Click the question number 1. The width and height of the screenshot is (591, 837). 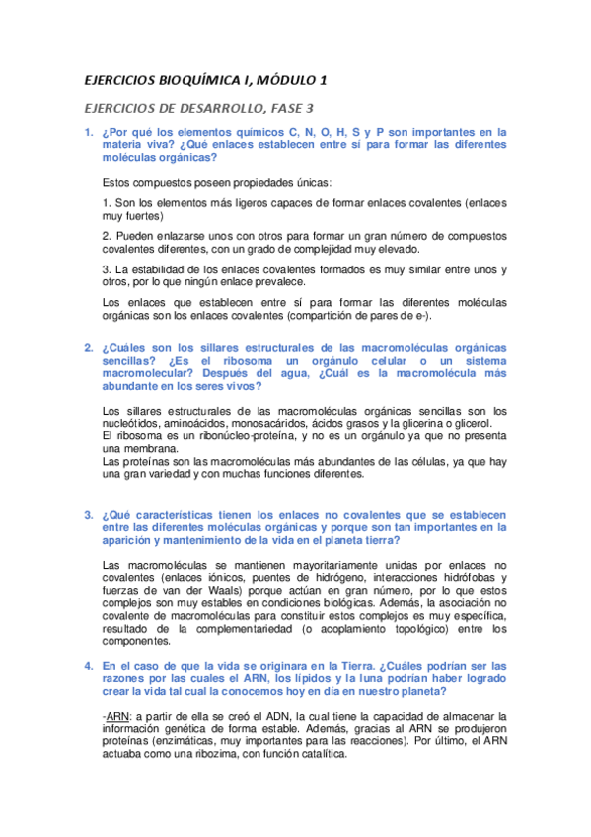[x=87, y=131]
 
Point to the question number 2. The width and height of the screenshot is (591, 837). [x=87, y=348]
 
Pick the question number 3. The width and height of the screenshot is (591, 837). [x=87, y=515]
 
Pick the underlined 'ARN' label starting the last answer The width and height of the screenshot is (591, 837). [x=116, y=716]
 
